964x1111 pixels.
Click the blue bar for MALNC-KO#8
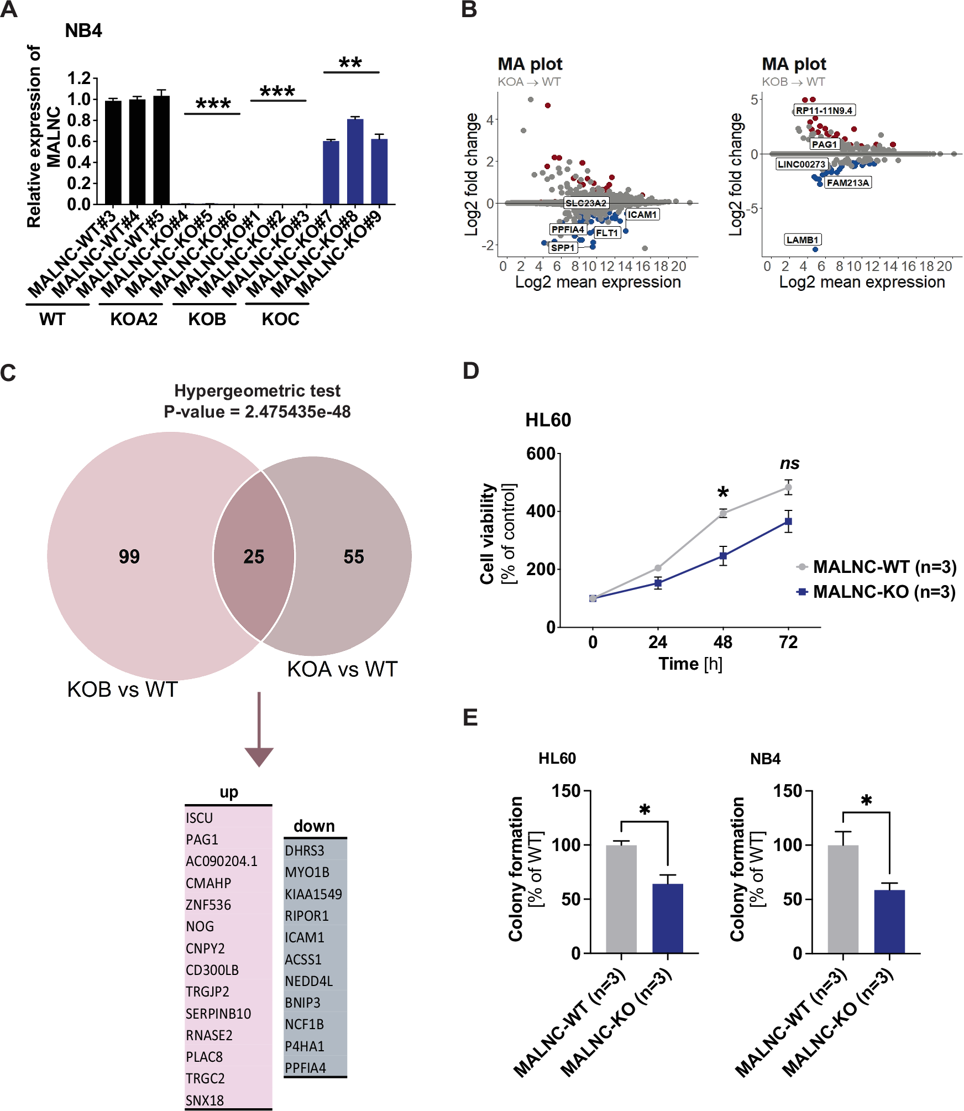click(x=355, y=161)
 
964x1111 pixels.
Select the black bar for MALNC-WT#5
click(x=161, y=150)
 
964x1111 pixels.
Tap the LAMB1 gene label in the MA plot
click(x=803, y=240)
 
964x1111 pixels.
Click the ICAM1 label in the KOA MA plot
click(x=642, y=215)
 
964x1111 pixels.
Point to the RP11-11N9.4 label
click(x=824, y=111)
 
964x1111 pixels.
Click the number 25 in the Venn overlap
click(x=254, y=556)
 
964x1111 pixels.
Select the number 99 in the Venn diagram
click(x=129, y=556)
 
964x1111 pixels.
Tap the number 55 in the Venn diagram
click(x=354, y=556)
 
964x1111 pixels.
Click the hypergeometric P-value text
click(x=257, y=411)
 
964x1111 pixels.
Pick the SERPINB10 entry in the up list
click(x=218, y=1014)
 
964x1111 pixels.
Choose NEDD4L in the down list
click(x=309, y=981)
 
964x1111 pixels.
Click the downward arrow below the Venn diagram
click(x=259, y=730)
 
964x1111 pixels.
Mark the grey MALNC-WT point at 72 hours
click(x=788, y=488)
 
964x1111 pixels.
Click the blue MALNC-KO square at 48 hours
click(x=723, y=556)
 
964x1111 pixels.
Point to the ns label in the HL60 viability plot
click(x=790, y=463)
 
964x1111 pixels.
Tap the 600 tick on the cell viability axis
click(x=541, y=454)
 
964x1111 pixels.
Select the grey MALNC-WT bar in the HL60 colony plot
click(x=621, y=899)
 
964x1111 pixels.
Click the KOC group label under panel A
click(x=280, y=319)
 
